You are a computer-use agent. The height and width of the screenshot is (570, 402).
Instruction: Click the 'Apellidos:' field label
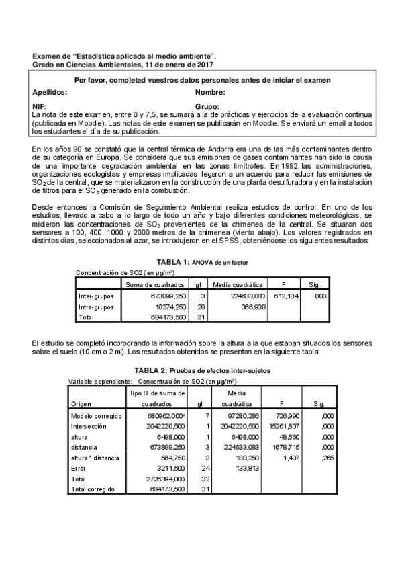coord(50,92)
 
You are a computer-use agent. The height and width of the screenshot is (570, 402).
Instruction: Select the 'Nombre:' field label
coord(210,92)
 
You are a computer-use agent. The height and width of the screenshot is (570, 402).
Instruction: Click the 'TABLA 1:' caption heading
coord(174,261)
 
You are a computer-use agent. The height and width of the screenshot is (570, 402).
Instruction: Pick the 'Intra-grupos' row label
coord(96,307)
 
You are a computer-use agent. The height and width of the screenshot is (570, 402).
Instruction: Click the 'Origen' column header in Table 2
coord(81,404)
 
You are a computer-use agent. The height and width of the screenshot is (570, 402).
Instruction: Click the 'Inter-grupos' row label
coord(96,295)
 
